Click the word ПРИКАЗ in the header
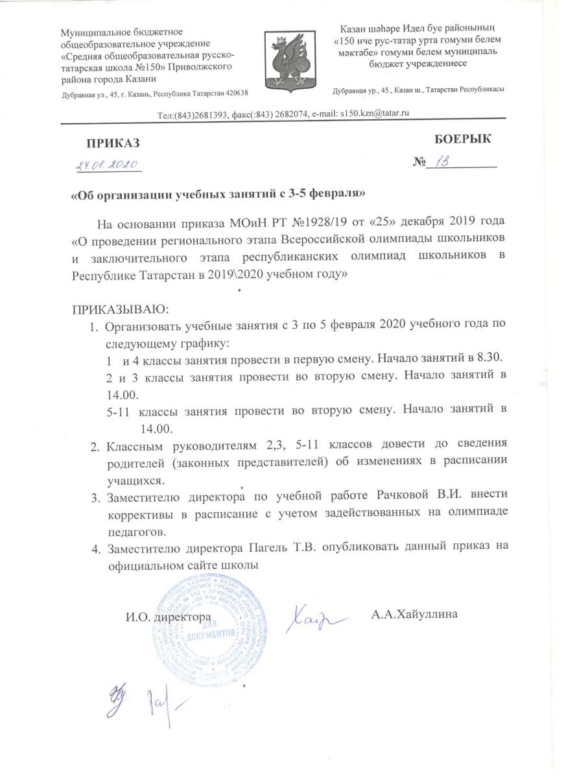click(113, 142)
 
